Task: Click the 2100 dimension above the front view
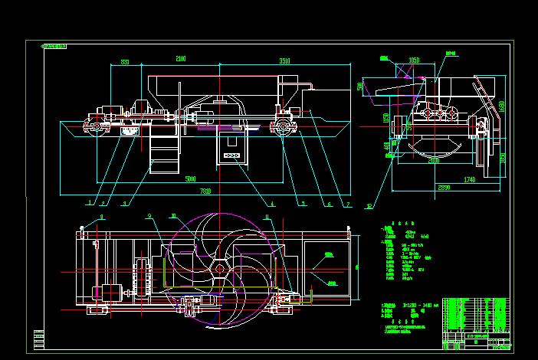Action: coord(181,59)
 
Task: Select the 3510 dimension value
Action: coord(284,61)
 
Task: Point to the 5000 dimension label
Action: coord(191,178)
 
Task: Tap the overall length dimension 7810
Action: coord(205,190)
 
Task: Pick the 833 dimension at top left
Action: coord(125,62)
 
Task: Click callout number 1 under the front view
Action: coord(90,203)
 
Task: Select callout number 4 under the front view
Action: coord(271,204)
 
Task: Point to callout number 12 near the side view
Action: coord(369,205)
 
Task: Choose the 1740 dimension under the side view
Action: coord(470,179)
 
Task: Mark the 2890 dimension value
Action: coord(445,187)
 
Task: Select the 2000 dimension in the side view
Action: coord(434,161)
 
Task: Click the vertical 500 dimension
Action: coord(359,87)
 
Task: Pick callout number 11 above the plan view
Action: coord(266,217)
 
